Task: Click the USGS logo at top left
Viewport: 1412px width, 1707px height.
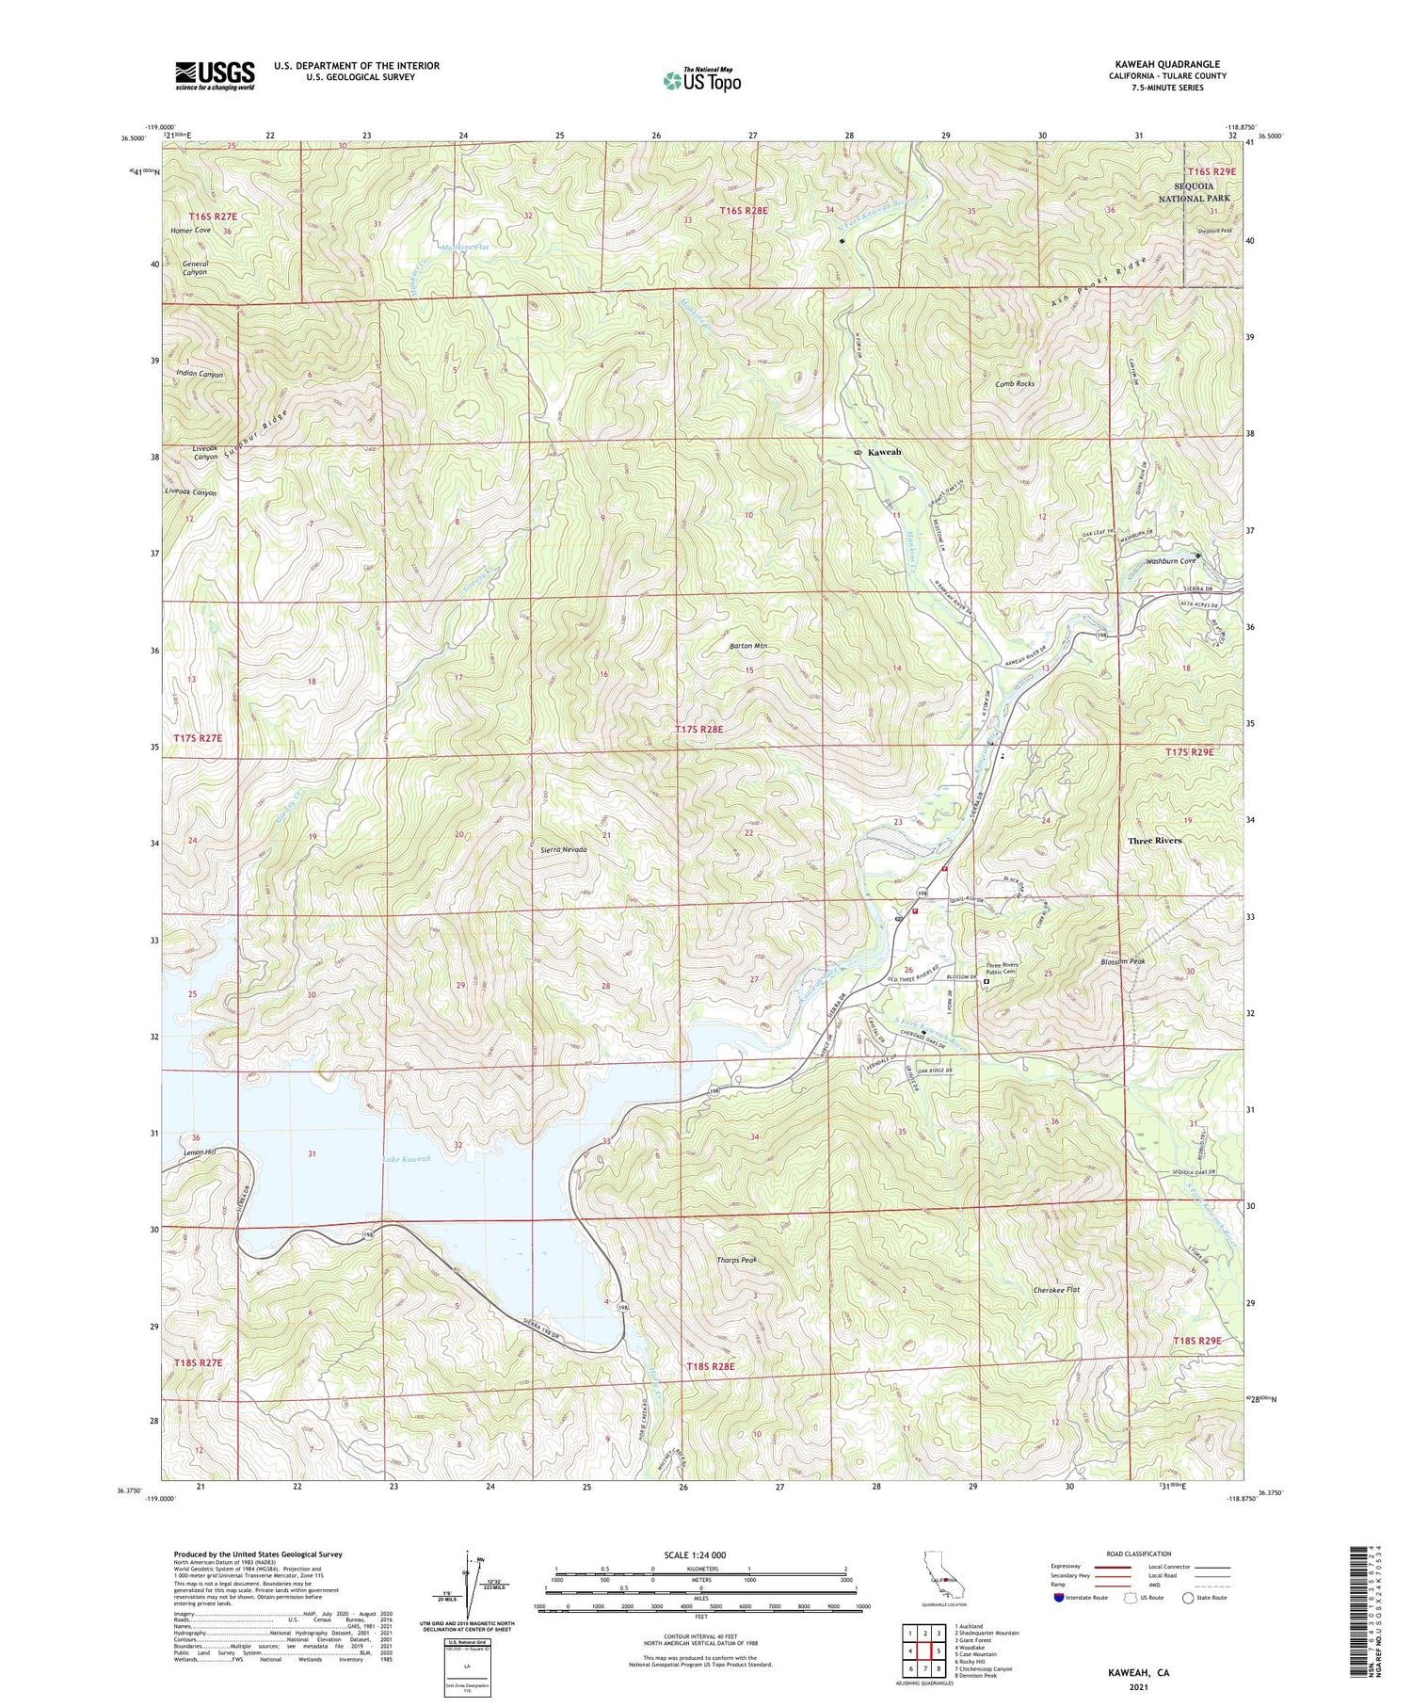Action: click(x=215, y=75)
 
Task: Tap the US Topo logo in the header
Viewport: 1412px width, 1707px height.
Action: click(x=701, y=80)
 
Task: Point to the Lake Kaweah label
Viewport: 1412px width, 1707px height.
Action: click(x=407, y=1159)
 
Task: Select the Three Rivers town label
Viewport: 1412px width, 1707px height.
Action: click(x=1154, y=841)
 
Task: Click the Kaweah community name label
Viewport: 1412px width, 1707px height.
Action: click(x=884, y=452)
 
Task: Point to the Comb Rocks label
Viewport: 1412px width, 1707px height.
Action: click(x=1015, y=384)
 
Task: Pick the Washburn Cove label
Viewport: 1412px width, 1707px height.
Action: click(x=1170, y=561)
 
